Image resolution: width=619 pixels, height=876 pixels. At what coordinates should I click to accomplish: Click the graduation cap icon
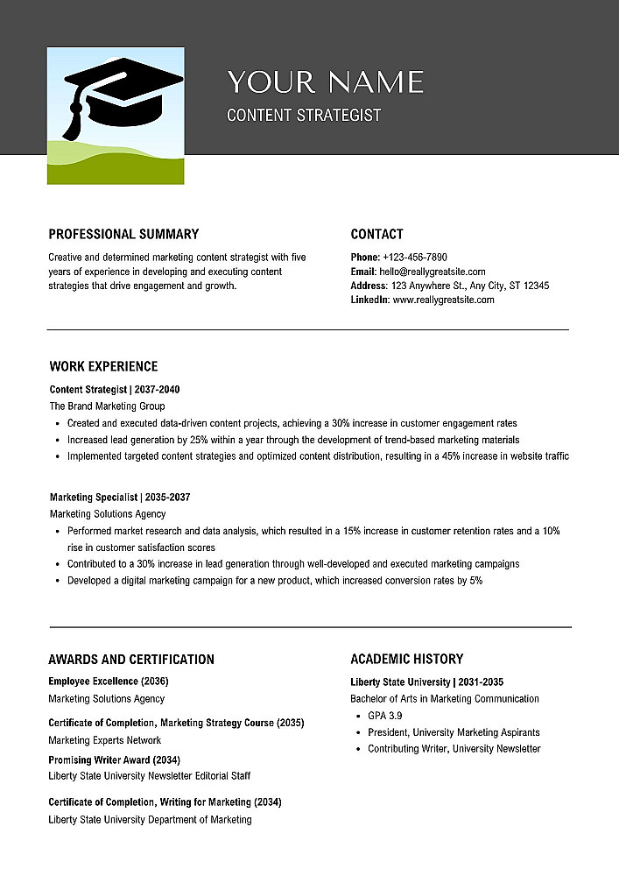tap(123, 92)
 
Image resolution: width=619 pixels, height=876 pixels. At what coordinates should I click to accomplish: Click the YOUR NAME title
tap(325, 82)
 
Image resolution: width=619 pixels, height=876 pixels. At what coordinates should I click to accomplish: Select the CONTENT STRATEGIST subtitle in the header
tap(304, 115)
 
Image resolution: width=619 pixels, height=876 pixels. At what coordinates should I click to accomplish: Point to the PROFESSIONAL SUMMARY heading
tap(123, 234)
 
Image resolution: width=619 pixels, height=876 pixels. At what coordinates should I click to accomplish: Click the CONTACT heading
tap(376, 234)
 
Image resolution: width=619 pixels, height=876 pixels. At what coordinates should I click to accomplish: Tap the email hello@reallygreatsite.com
tap(430, 272)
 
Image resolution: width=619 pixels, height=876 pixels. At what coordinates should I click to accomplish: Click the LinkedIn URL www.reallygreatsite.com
tap(443, 300)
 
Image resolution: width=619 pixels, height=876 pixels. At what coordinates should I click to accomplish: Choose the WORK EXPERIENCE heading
tap(103, 366)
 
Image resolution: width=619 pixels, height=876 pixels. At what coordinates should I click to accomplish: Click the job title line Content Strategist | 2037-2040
tap(115, 389)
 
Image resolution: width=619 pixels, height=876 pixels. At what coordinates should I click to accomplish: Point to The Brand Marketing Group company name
tap(107, 406)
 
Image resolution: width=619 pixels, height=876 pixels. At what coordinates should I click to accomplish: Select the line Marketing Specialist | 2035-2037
tap(120, 498)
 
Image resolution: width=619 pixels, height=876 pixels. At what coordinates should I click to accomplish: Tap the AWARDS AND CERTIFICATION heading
tap(131, 660)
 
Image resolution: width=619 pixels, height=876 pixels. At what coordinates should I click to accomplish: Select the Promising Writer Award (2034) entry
tap(115, 759)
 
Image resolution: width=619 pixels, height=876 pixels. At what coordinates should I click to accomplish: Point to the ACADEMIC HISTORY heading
tap(407, 659)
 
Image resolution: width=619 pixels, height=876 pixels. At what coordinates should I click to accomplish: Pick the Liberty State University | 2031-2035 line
tap(426, 682)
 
